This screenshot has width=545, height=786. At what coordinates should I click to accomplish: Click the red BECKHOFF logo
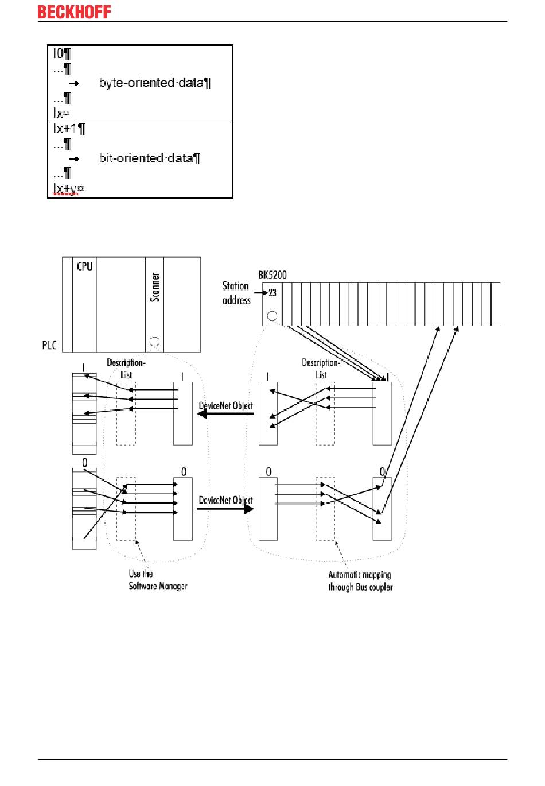coord(75,12)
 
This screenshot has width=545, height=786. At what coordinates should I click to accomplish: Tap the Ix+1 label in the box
coord(65,129)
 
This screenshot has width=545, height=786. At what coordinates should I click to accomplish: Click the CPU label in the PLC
coord(84,266)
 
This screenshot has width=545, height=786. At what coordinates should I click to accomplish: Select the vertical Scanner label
coord(155,288)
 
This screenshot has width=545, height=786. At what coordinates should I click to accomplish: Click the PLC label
coord(49,345)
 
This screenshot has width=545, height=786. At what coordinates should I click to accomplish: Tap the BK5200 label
coord(272,275)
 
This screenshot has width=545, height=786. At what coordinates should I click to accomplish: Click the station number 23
coord(272,293)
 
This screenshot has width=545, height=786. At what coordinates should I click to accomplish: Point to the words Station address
coord(236,293)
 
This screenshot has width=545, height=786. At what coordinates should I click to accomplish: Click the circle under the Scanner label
coord(154,342)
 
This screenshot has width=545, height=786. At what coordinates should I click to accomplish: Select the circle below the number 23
coord(272,316)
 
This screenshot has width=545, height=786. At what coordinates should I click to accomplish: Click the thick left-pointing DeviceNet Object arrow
coord(225,414)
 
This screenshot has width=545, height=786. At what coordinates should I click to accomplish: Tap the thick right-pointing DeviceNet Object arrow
coord(225,509)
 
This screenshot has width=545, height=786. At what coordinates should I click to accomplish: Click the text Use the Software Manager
coord(158,580)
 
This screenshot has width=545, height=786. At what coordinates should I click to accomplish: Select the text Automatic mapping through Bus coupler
coord(360,580)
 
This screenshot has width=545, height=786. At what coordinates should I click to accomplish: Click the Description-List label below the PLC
coord(126,369)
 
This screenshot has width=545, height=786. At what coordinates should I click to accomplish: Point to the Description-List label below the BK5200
coord(321,369)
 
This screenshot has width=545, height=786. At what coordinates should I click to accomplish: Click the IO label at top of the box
coord(58,53)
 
